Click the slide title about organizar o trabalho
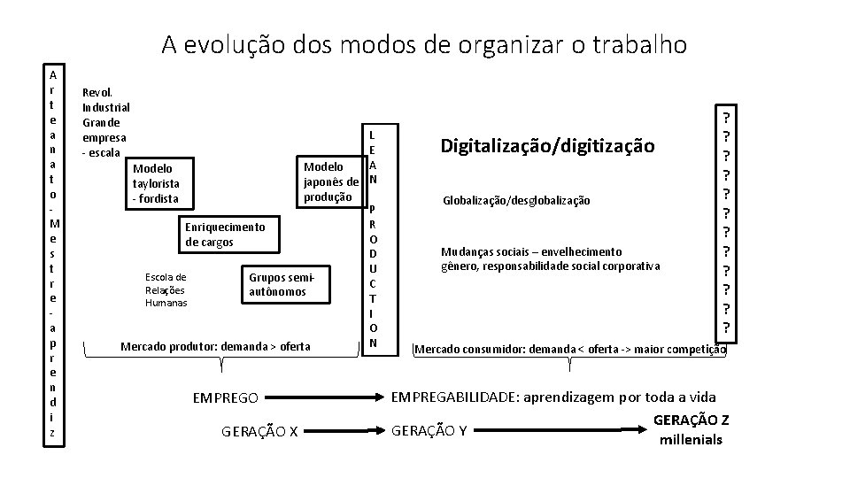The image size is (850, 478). pos(423,44)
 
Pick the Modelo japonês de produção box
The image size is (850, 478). pos(330,181)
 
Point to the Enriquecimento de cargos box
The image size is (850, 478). pos(225,235)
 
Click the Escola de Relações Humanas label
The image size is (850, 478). pos(166,289)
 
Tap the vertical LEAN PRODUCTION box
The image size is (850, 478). pos(373,238)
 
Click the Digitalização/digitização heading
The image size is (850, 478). pos(546,145)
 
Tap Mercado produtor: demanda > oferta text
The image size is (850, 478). pos(215,345)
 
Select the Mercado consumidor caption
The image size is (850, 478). pos(570,350)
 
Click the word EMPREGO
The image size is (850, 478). pos(226,398)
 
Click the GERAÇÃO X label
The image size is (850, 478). pos(259,432)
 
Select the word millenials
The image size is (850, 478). pos(691,440)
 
